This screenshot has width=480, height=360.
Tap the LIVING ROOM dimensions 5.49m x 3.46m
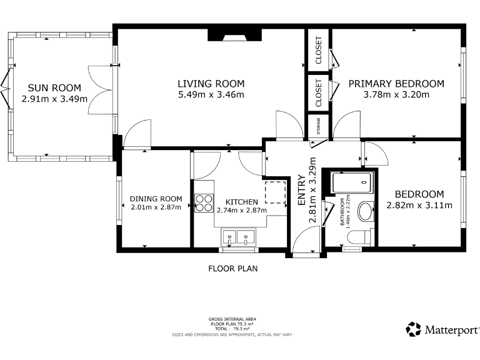pos(211,95)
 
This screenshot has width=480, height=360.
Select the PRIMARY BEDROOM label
pos(396,84)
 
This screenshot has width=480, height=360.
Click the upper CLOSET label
pos(319,50)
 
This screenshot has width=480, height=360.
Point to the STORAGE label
pos(319,126)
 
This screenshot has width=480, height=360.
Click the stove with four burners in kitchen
pos(204,202)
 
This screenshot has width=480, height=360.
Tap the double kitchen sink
pos(240,237)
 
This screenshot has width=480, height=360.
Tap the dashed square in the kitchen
pos(275,192)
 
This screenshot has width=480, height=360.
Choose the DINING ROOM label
pos(156,199)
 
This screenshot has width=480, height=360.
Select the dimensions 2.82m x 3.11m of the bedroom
pos(419,205)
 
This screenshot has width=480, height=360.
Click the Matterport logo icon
pos(413,329)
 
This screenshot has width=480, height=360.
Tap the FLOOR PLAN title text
pos(232,269)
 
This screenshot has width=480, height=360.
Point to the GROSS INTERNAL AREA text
pos(232,319)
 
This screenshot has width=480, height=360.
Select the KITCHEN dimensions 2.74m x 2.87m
pos(241,210)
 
